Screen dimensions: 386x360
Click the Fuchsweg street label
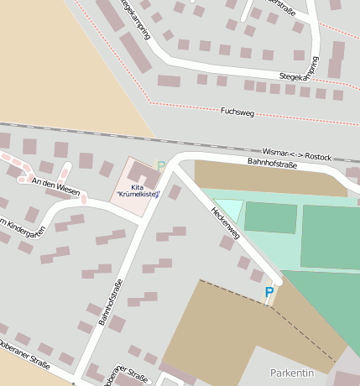pyautogui.click(x=237, y=111)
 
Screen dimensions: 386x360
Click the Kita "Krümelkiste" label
pyautogui.click(x=138, y=191)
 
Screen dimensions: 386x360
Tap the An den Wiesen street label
pyautogui.click(x=55, y=186)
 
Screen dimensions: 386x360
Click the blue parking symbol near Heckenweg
pyautogui.click(x=269, y=292)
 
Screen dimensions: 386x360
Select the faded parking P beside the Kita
pyautogui.click(x=161, y=166)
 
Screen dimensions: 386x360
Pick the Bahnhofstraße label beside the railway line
pyautogui.click(x=274, y=162)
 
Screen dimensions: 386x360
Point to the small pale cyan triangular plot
pyautogui.click(x=229, y=208)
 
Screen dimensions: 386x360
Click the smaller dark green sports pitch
pyautogui.click(x=270, y=217)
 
